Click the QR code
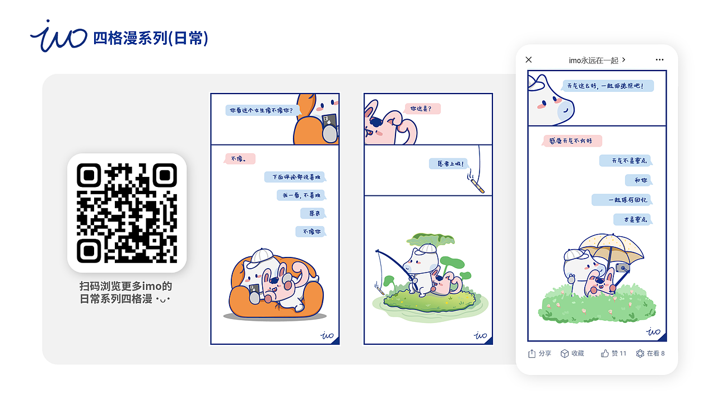127,213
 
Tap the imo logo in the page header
59,37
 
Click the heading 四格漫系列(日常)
151,38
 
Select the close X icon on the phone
528,60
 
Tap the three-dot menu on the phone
659,60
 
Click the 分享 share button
539,353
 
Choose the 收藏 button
572,353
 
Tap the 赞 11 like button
613,353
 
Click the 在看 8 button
650,353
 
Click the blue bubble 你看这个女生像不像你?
261,111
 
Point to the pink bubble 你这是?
422,109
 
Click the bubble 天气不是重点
626,161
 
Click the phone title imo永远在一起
596,60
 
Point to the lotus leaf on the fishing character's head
427,240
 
